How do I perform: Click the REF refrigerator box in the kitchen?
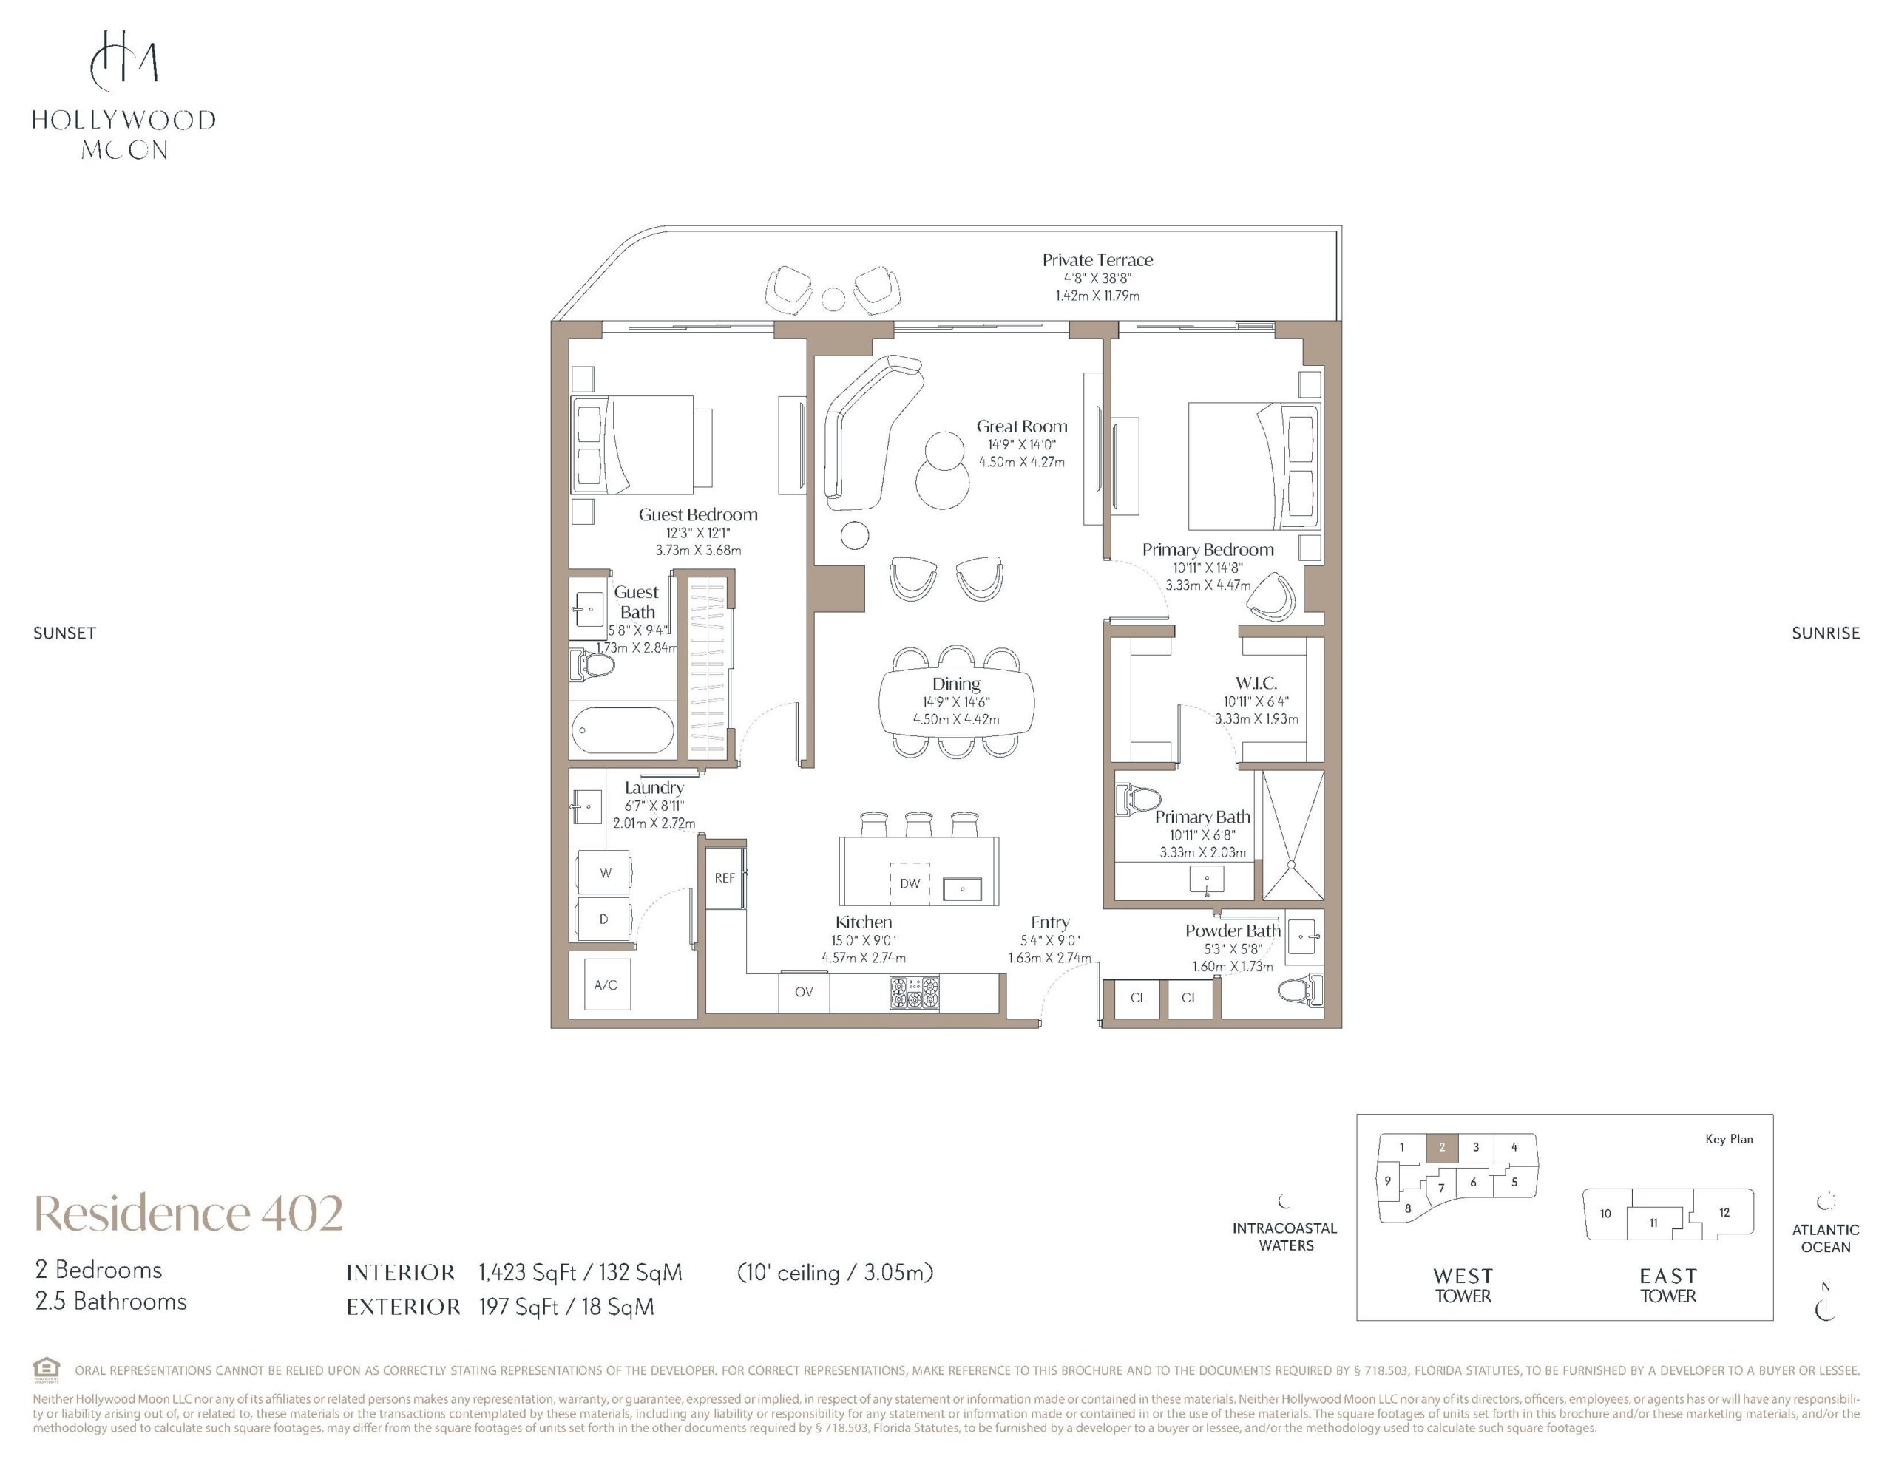pos(724,877)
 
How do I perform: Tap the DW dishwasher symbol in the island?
pos(910,883)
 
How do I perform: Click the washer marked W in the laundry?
pos(605,873)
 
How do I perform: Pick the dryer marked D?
pos(604,919)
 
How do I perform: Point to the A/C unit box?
pos(606,985)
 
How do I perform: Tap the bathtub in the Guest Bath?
pos(623,730)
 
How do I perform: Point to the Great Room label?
pos(1022,426)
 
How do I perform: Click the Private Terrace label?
pos(1097,260)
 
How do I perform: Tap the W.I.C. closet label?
pos(1256,683)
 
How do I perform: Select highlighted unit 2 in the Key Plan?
pos(1441,1147)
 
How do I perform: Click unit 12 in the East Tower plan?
pos(1724,1212)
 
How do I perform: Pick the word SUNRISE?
pos(1826,633)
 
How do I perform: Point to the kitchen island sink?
pos(961,888)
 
